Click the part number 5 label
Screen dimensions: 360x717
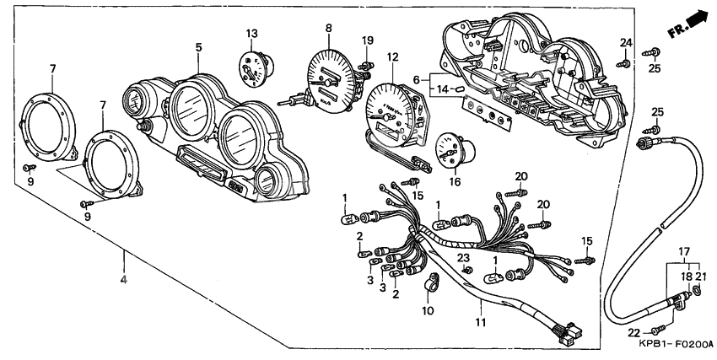coord(198,48)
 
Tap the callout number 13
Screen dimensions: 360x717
coord(251,33)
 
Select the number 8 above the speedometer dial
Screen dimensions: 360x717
coord(329,28)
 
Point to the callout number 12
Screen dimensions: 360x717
coord(392,57)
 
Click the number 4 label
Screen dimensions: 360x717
coord(124,279)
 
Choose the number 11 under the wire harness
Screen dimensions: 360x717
coord(482,322)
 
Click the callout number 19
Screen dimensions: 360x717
coord(367,40)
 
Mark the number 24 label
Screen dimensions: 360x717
coord(626,42)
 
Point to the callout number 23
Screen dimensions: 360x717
coord(463,257)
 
